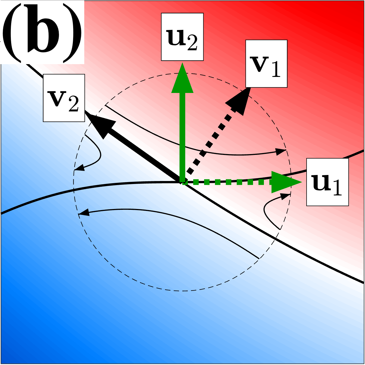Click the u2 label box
point(182,37)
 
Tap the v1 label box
point(266,64)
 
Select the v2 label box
point(64,98)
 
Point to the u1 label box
point(327,182)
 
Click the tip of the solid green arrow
point(182,65)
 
